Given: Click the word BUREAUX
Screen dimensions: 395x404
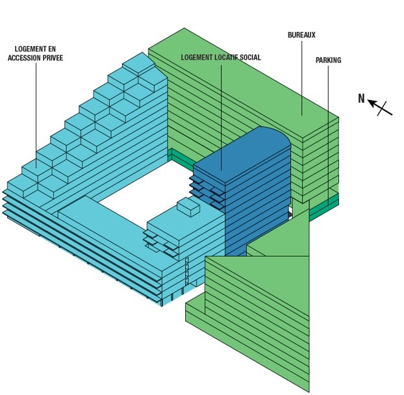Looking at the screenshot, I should coord(301,34).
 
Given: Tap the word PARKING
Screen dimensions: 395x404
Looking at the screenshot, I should coord(328,60).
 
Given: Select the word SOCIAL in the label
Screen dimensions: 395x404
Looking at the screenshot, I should coord(247,57).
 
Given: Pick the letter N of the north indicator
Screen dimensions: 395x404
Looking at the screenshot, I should coord(361,98).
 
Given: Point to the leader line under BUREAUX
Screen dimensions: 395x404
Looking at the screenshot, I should coord(301,78).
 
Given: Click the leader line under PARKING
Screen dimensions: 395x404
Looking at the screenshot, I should coord(328,130).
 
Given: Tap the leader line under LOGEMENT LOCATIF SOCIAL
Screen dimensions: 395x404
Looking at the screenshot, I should coord(221,117).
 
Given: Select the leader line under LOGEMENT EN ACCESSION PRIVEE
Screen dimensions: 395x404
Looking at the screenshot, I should coord(36,117).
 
